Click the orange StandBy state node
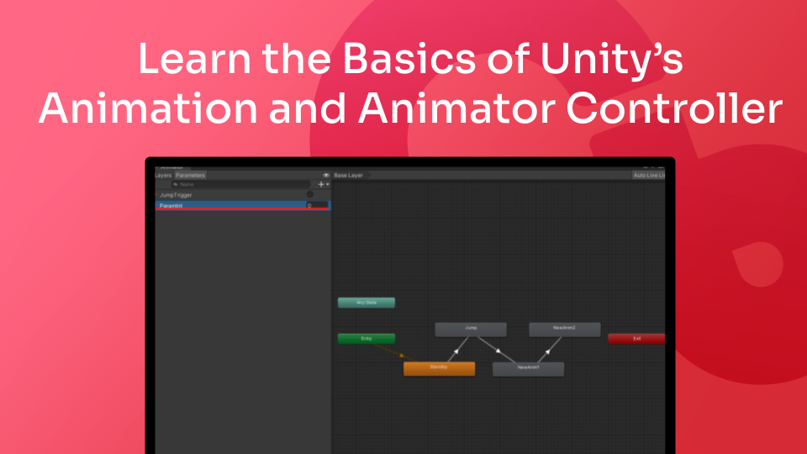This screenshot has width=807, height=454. [439, 368]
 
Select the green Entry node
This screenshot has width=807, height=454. [366, 339]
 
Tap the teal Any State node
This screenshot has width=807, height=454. [366, 303]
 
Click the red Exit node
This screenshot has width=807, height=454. [636, 339]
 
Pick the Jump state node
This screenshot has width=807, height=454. [471, 330]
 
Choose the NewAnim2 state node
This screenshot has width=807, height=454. [564, 330]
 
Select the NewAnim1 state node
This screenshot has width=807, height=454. [528, 368]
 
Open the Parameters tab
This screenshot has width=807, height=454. [190, 175]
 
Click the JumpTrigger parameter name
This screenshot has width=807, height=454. [177, 195]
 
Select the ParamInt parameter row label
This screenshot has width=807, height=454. [171, 205]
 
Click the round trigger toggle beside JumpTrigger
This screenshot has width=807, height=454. [309, 195]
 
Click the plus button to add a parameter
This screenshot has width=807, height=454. [320, 184]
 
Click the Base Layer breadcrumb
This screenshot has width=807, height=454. [349, 175]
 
